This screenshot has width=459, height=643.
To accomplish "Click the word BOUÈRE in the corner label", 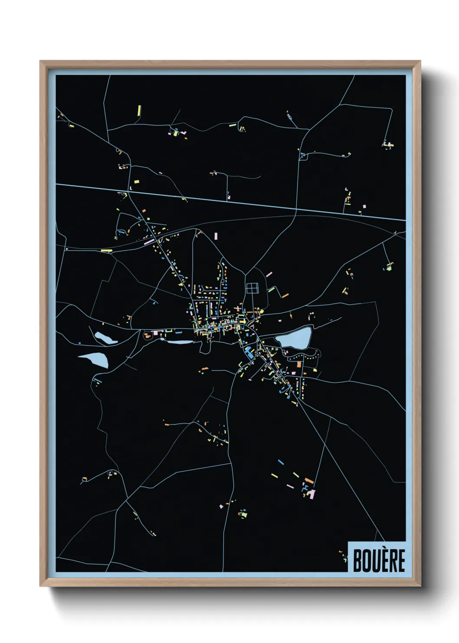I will [379, 560].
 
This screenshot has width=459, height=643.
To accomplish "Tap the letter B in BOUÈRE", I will [358, 560].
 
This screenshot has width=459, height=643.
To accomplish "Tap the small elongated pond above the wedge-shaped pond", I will [105, 338].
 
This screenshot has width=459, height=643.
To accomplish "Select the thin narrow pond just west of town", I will [179, 342].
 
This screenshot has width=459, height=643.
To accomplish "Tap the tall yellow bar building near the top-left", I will [139, 110].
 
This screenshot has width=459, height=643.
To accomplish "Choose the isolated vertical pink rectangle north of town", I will [216, 237].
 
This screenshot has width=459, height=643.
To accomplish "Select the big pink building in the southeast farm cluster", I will [311, 494].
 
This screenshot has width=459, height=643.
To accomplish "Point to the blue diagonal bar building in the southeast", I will [281, 462].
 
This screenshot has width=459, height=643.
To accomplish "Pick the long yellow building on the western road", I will [107, 250].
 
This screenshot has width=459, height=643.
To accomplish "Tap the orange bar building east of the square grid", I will [285, 295].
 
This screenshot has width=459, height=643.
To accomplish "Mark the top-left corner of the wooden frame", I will [41, 62].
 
